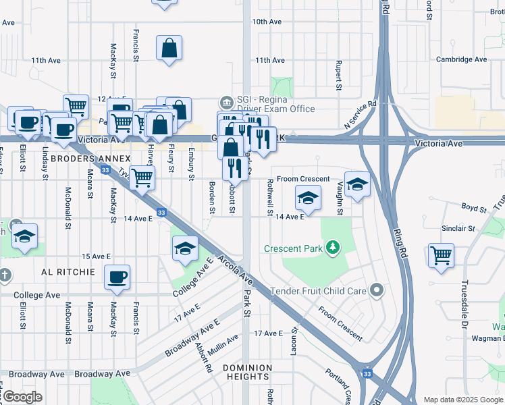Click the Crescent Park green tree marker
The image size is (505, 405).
[331, 248]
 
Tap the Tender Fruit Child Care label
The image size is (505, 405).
[318, 291]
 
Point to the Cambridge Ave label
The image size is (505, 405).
[461, 59]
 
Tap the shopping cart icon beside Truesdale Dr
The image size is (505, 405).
[441, 256]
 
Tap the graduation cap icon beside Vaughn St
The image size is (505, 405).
[357, 183]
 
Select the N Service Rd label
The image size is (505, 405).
[360, 115]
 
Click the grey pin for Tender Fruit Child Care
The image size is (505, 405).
[377, 291]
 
